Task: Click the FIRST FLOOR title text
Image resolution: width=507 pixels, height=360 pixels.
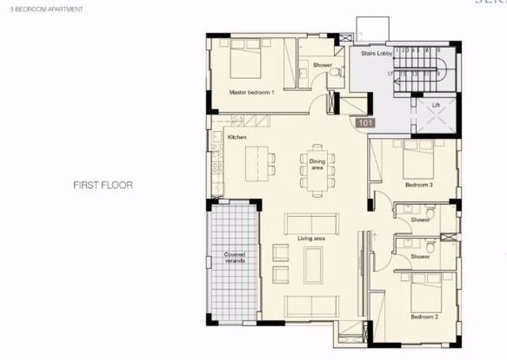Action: tap(103, 185)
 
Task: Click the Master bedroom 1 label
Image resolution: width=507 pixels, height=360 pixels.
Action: tap(252, 93)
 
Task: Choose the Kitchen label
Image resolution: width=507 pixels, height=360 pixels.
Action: tap(237, 137)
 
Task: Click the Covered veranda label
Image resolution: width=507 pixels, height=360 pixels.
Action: tap(234, 258)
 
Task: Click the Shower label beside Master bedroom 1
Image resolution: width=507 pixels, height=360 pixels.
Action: tap(322, 65)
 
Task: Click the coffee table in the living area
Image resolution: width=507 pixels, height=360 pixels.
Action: tap(314, 265)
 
